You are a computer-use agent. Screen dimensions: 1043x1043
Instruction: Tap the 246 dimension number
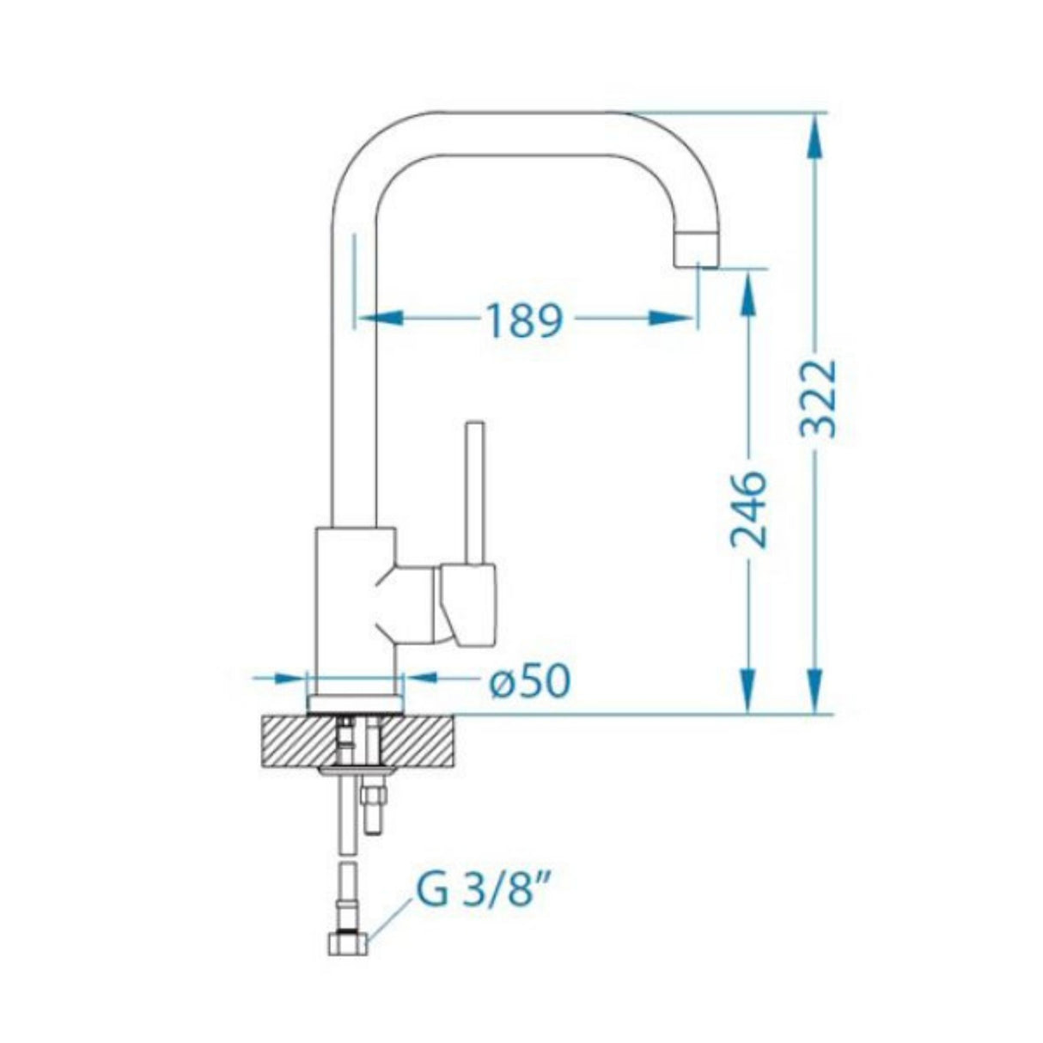coord(747,509)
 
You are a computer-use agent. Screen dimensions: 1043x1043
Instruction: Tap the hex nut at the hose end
coord(348,944)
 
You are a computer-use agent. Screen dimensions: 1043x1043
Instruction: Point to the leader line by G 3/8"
coord(390,922)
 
